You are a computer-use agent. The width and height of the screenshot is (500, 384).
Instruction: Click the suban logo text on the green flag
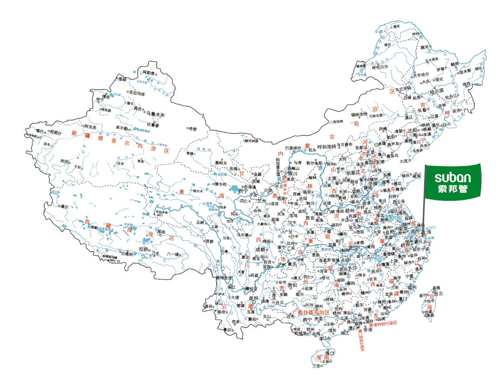pyautogui.click(x=453, y=177)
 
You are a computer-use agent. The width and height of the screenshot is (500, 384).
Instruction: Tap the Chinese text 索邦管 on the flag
pyautogui.click(x=453, y=189)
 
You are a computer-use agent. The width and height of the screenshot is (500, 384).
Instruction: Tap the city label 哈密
pyautogui.click(x=192, y=129)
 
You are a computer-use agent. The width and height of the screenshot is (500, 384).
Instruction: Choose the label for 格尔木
pyautogui.click(x=198, y=191)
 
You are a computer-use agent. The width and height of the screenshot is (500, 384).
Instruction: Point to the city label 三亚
pyautogui.click(x=316, y=366)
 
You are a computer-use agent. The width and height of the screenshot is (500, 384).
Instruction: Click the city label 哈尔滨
pyautogui.click(x=436, y=91)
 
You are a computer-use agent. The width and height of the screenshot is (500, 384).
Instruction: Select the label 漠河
pyautogui.click(x=396, y=26)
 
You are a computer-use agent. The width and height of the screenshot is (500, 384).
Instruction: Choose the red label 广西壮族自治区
pyautogui.click(x=310, y=312)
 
